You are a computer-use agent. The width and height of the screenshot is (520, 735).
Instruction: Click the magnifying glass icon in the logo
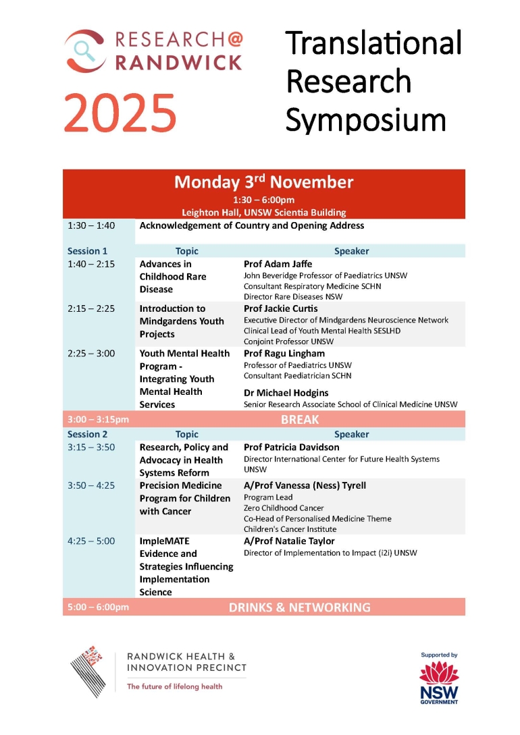tap(84, 49)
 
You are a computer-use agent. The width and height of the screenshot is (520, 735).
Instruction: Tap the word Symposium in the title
tap(365, 119)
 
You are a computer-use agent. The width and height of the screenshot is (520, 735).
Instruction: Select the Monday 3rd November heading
tap(263, 182)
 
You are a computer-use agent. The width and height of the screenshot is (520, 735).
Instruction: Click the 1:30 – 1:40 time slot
tap(91, 225)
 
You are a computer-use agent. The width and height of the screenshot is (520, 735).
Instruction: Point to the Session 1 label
tap(87, 251)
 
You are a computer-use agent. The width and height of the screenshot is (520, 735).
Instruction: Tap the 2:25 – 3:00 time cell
tap(91, 353)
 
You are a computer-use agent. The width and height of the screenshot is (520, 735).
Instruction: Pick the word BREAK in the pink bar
tap(300, 420)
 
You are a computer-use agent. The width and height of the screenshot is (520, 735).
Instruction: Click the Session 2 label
tap(87, 435)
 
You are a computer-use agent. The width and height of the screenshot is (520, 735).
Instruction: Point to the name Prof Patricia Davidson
tap(291, 447)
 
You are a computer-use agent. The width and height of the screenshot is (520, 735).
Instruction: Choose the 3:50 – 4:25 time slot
tap(91, 485)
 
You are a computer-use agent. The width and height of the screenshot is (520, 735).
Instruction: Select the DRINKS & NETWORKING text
tap(299, 607)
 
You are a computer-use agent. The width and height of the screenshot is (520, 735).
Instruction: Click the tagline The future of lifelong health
tap(174, 687)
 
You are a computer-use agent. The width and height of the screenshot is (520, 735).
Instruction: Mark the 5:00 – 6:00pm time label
tap(98, 607)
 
